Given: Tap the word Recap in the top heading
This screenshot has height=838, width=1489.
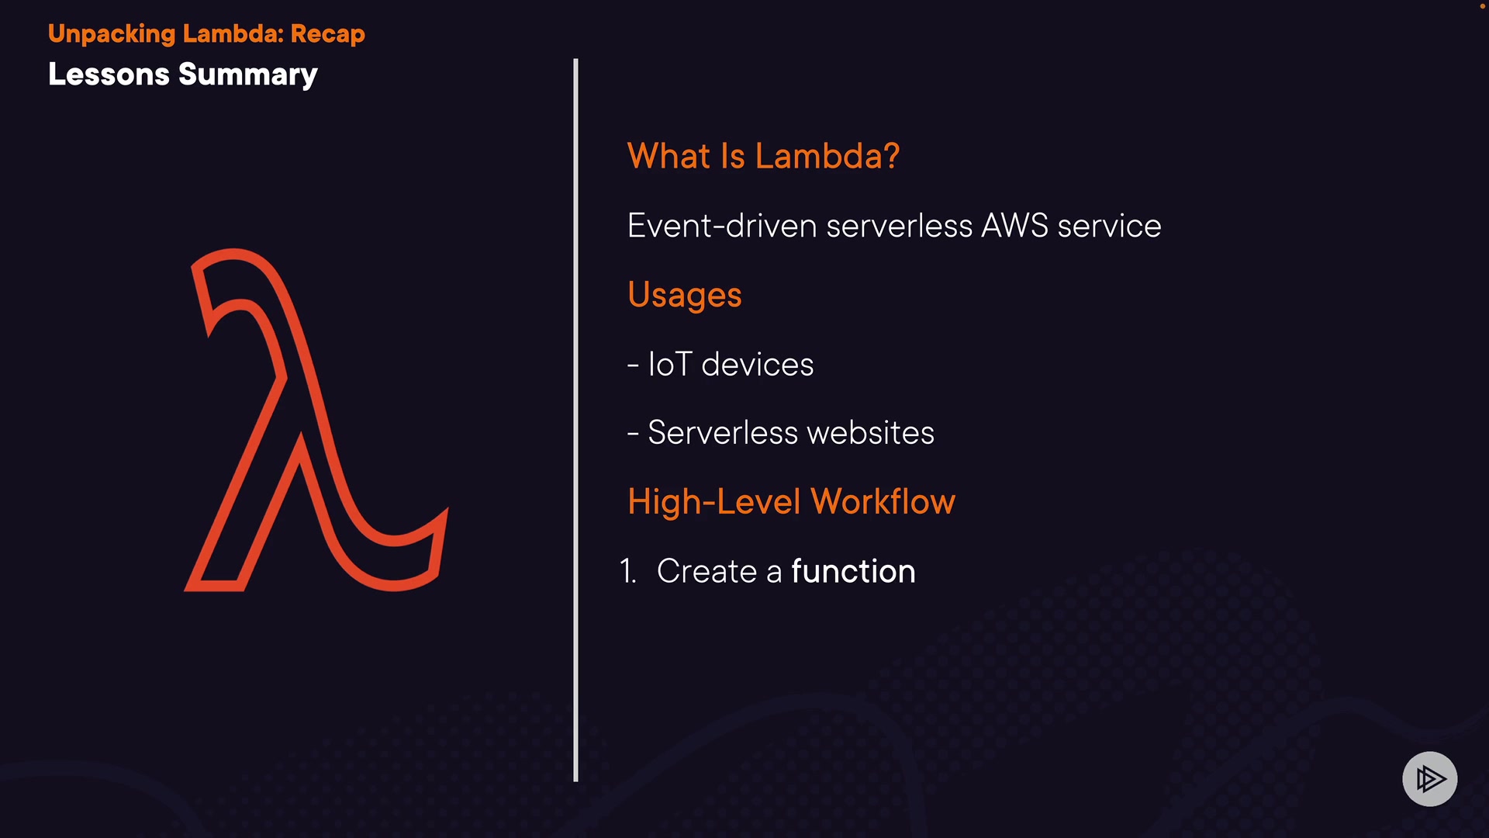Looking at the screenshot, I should pos(327,34).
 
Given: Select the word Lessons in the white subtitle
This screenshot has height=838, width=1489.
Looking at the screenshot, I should pos(109,74).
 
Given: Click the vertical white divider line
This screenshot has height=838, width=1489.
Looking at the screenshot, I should pos(575,419).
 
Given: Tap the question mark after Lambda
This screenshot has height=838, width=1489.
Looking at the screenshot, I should pos(892,156).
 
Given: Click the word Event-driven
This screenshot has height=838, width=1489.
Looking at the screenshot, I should pos(722,226).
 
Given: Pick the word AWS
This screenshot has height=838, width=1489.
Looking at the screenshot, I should pos(1015,226).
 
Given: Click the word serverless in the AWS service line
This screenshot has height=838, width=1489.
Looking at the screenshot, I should pos(900,226).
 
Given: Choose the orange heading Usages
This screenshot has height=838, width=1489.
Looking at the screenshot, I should pos(685,296).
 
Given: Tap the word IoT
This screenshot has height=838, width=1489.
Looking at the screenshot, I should pos(669,364).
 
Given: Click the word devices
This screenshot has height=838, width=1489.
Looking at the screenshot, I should pos(758,364).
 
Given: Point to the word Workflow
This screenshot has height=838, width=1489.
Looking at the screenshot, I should pos(883,501).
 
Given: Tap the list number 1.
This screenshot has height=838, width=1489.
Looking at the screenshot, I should pos(628,571).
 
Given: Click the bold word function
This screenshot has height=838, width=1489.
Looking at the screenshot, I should pos(853,571).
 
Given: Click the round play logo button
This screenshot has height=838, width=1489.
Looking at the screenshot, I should pos(1429,778).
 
